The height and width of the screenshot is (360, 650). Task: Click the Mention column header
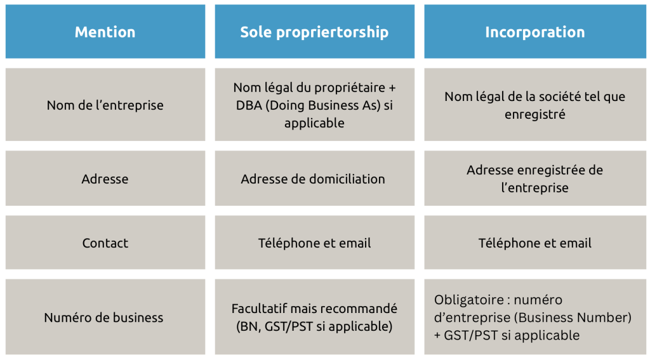click(105, 32)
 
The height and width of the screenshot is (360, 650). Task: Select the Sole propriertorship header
click(314, 32)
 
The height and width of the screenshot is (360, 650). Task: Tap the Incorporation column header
click(534, 32)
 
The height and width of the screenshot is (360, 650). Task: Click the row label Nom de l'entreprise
click(105, 105)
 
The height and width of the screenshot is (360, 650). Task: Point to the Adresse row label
click(105, 179)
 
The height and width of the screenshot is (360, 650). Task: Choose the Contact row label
click(105, 243)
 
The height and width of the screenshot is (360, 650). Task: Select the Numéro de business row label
click(103, 317)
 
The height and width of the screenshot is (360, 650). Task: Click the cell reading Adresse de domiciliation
click(313, 179)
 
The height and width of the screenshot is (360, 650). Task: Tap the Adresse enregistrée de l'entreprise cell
click(534, 179)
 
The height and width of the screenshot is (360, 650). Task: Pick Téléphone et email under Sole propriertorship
click(314, 243)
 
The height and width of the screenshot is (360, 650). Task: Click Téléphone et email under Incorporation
click(534, 243)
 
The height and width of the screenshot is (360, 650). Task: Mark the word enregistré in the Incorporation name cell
click(534, 114)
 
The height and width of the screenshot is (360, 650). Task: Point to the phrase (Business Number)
click(573, 317)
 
